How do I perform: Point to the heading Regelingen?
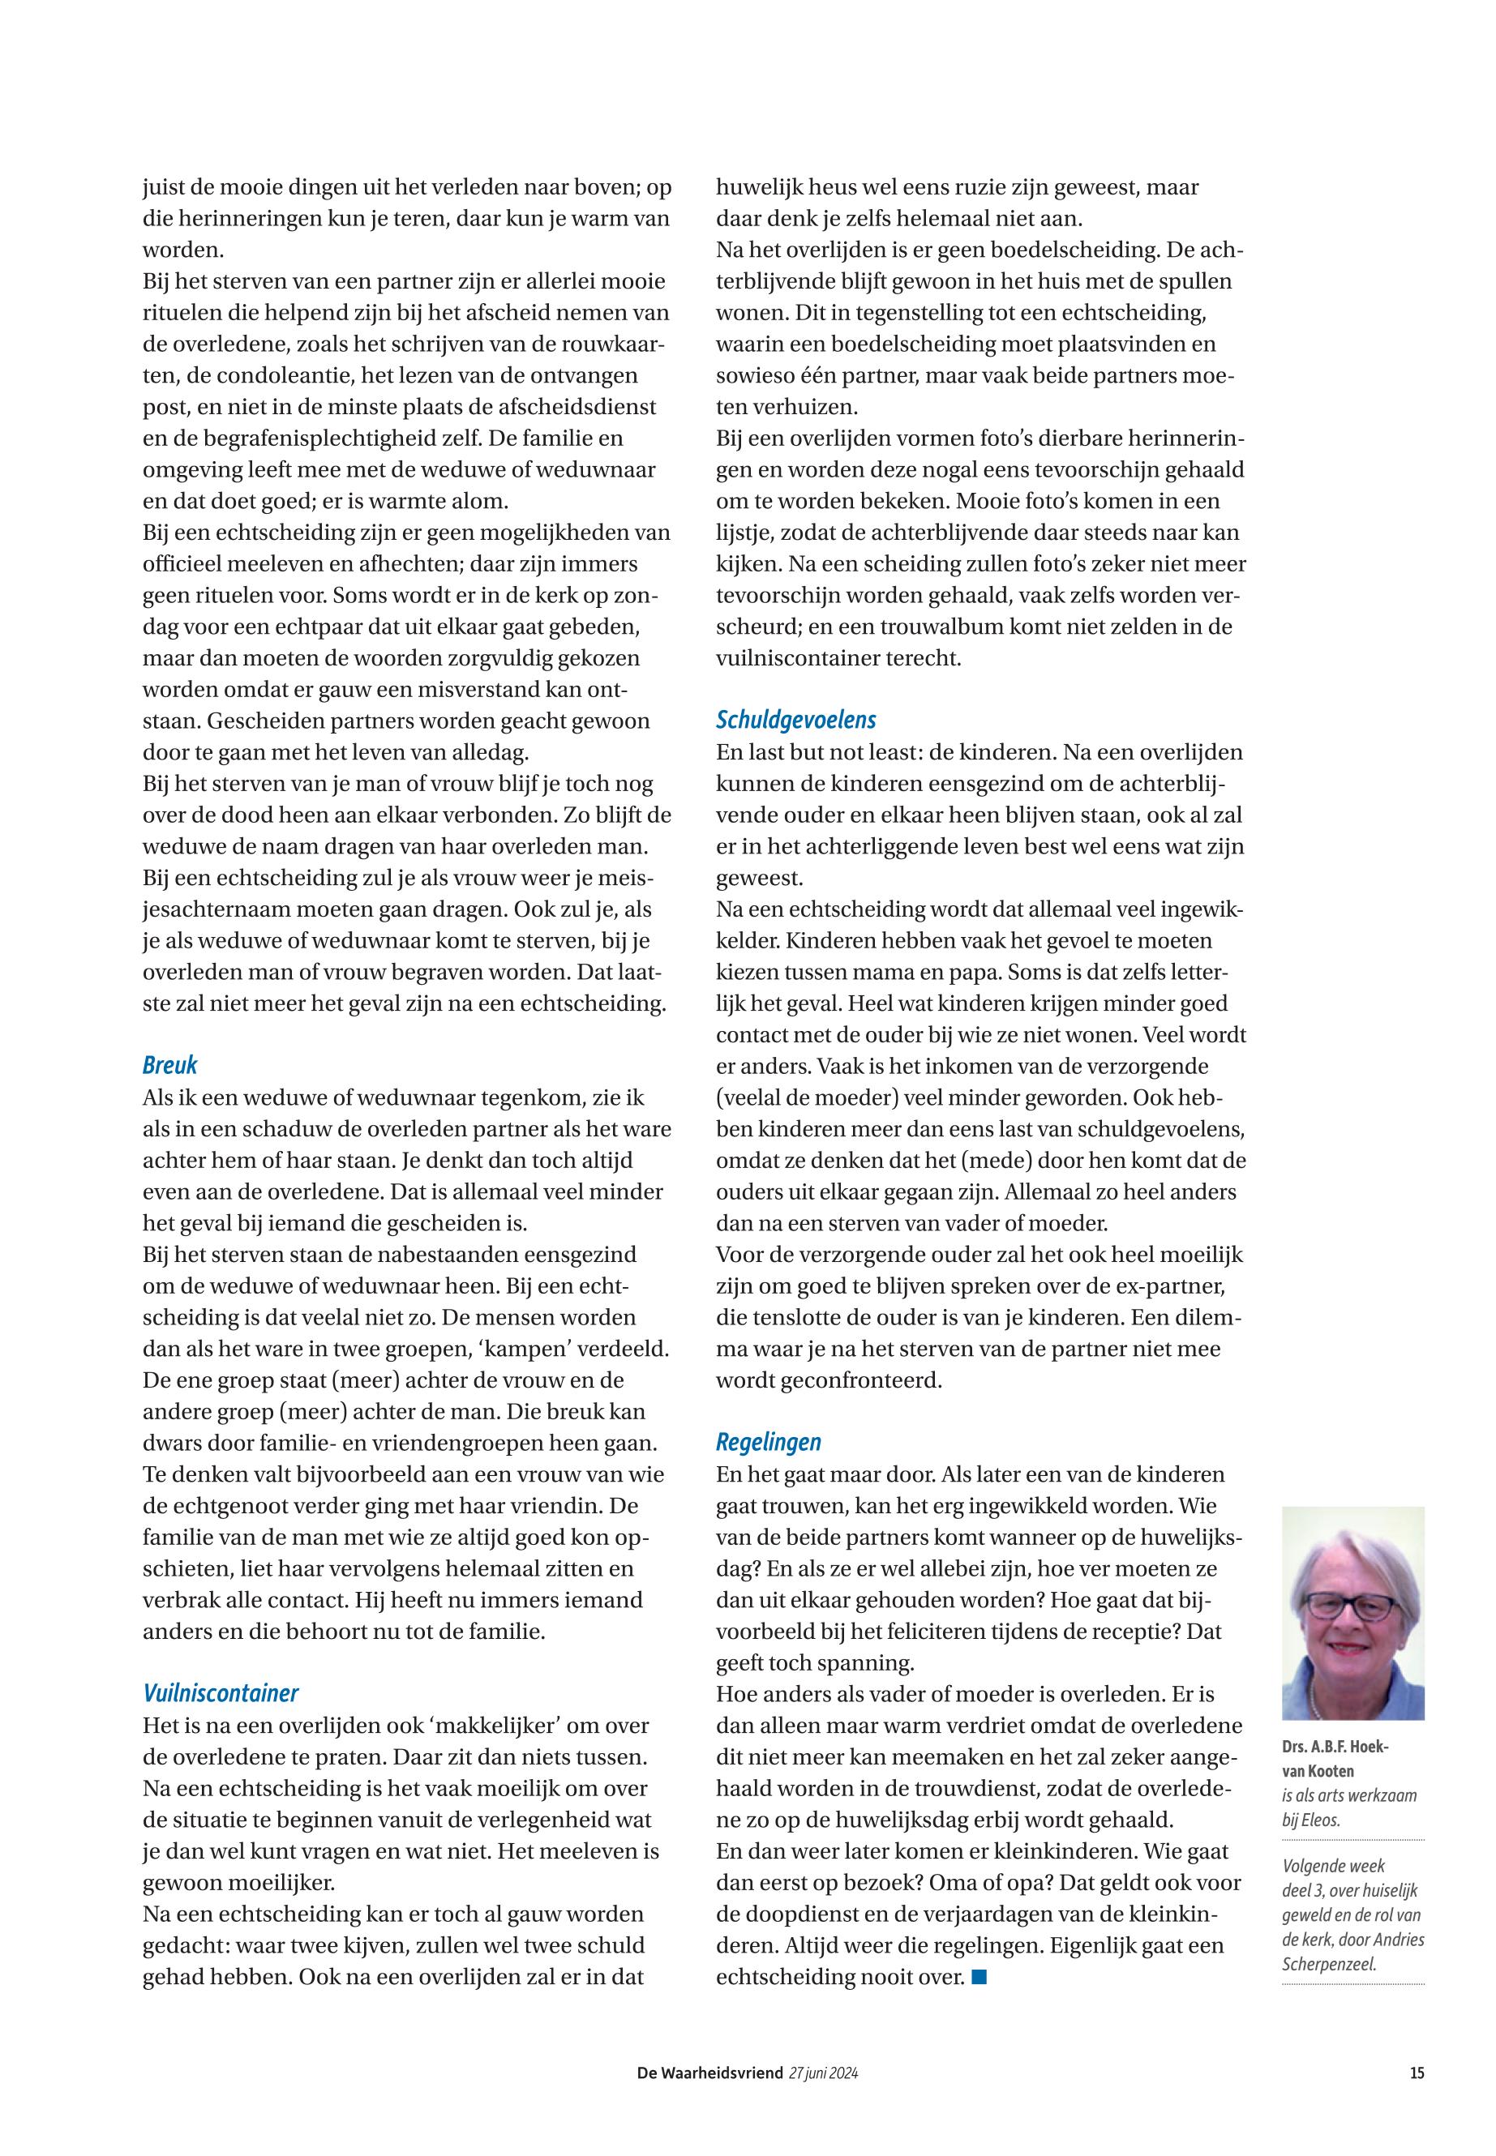[x=769, y=1442]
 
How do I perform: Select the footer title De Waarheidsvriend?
[x=709, y=2073]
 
